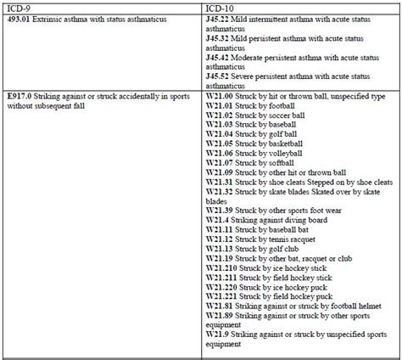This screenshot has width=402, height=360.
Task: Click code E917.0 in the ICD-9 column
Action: (18, 91)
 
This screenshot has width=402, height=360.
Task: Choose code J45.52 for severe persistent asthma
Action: (220, 74)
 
